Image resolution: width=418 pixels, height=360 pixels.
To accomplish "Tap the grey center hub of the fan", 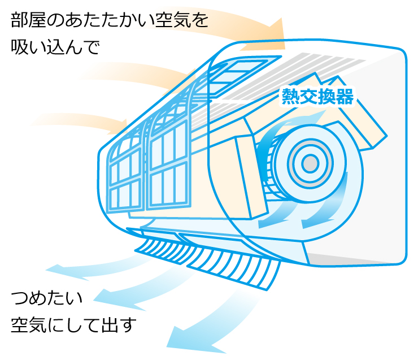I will coord(310,164).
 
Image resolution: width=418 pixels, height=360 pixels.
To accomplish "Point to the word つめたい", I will coord(46,298).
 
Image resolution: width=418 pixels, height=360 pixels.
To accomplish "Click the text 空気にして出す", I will coord(74,326).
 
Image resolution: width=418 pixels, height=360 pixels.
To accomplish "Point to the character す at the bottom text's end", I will coord(129,326).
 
